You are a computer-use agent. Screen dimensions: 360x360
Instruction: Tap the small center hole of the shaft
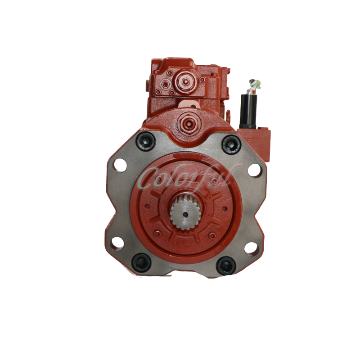(x=184, y=214)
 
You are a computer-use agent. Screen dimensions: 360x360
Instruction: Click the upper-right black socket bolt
(x=231, y=144)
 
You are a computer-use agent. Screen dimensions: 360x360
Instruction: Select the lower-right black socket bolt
(x=225, y=265)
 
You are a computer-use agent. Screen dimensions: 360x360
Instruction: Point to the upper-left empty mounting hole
(x=120, y=165)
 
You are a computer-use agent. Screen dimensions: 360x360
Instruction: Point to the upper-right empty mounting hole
(x=255, y=170)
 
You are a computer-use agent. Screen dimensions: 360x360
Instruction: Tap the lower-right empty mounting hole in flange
(x=253, y=248)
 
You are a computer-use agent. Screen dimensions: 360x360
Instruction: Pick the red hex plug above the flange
(x=187, y=120)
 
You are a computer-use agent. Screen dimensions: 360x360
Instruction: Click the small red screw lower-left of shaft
(x=157, y=233)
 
